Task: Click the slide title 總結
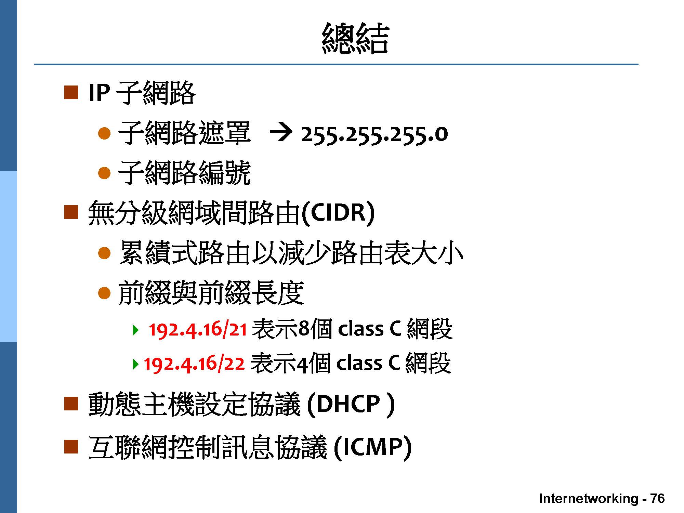coord(355,38)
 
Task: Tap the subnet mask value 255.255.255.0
coord(374,135)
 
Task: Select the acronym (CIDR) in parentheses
coord(338,213)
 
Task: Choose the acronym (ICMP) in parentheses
coord(372,447)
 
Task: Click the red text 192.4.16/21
coord(198,329)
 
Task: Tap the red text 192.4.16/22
coord(194,364)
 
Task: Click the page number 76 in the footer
coord(657,498)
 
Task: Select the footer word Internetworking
coord(589,499)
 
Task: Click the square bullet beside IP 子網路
coord(71,93)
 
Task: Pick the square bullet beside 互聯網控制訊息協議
coord(71,446)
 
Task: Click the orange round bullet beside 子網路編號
coord(104,173)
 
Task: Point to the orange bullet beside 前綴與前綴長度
coord(104,293)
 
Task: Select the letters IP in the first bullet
coord(99,93)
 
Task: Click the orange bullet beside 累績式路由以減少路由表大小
coord(104,253)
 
